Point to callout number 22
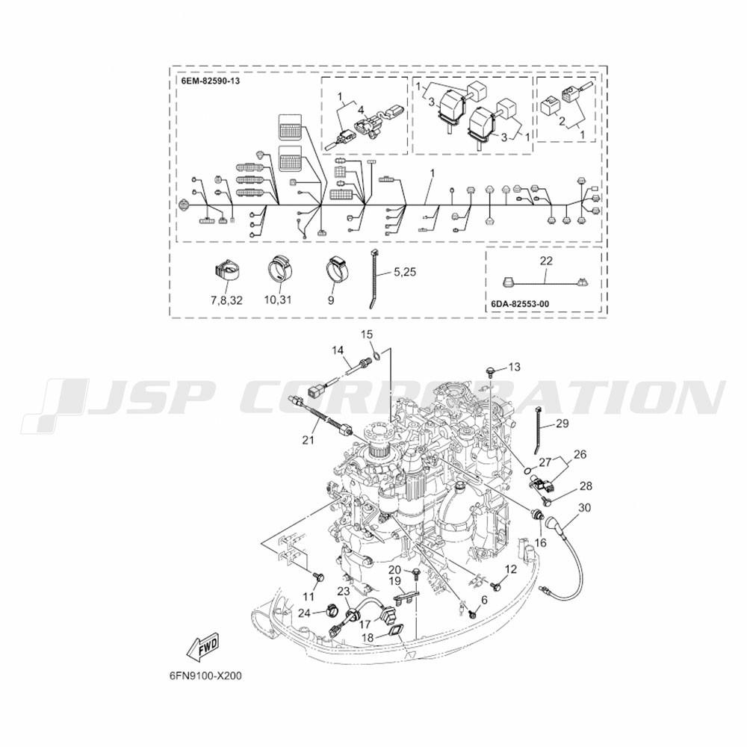(x=546, y=261)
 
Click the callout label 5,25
(x=404, y=273)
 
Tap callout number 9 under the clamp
(x=330, y=300)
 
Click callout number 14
(x=338, y=350)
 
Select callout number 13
(x=514, y=366)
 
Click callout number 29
(x=562, y=424)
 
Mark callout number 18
(x=368, y=637)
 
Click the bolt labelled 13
(x=489, y=369)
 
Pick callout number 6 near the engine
(x=484, y=599)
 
